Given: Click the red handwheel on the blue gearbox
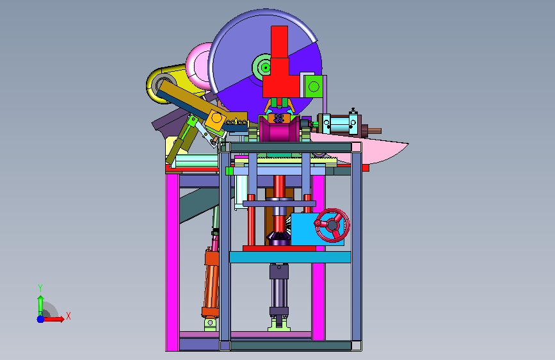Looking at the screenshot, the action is coord(332,225).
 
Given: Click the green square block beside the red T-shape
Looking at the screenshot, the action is coord(314,86).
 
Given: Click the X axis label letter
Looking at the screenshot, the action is coord(68,316).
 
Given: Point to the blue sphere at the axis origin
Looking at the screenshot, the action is coord(41,319).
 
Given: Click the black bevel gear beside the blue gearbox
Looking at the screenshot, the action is coord(278,238).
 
